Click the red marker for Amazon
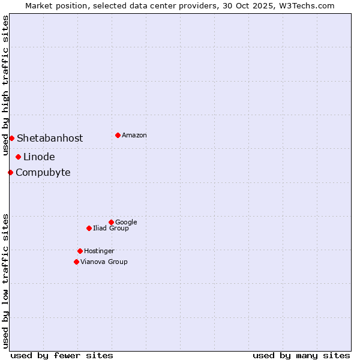click(118, 135)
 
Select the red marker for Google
click(111, 222)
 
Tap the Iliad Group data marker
click(89, 228)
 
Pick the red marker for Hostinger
click(80, 251)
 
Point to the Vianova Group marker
click(76, 262)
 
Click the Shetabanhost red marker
click(11, 138)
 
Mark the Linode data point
click(18, 157)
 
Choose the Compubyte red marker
click(10, 172)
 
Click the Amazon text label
click(134, 136)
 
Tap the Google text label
click(126, 223)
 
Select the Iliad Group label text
click(111, 229)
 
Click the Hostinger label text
click(99, 251)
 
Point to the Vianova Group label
click(104, 262)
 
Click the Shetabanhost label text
click(50, 139)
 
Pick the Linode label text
click(39, 157)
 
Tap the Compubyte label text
click(43, 173)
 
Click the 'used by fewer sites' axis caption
click(62, 355)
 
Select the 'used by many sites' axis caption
click(301, 355)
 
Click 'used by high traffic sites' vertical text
click(5, 85)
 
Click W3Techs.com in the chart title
click(305, 5)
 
